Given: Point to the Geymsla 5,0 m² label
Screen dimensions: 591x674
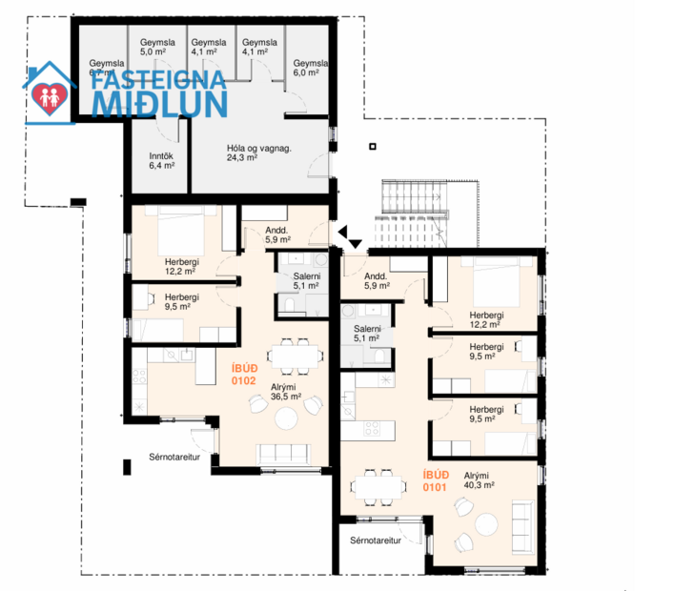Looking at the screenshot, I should click(155, 48).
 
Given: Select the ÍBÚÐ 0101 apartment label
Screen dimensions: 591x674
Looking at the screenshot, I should click(437, 479).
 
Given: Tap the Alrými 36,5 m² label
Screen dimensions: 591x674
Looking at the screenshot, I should click(286, 392).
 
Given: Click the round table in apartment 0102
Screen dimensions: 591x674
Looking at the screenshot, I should click(287, 418).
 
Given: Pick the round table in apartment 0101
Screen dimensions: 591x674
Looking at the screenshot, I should click(488, 523).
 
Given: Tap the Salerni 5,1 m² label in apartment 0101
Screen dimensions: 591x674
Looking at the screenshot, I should click(367, 333).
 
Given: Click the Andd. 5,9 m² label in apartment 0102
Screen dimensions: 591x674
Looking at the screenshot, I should click(277, 234).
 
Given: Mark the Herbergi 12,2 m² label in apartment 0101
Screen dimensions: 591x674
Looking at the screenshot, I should click(486, 319).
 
